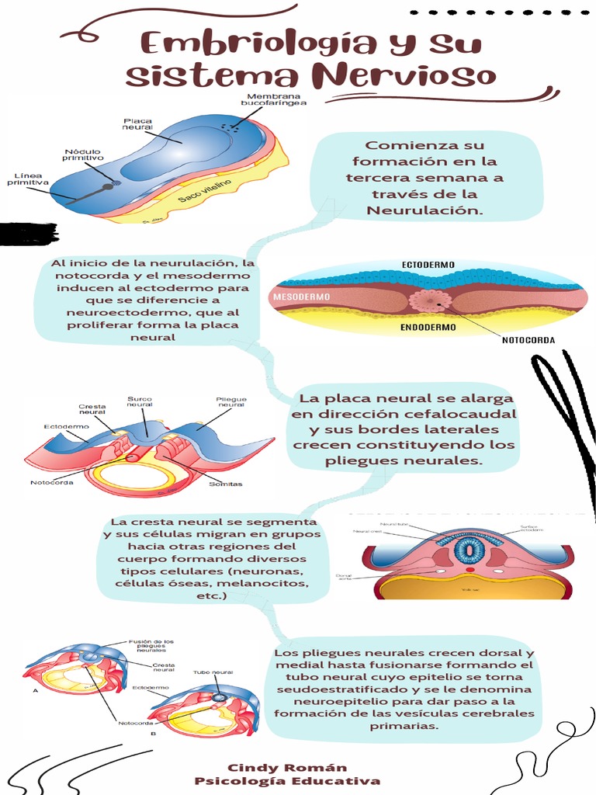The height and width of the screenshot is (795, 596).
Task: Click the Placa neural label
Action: (x=137, y=124)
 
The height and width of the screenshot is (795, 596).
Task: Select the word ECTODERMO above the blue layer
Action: (x=428, y=266)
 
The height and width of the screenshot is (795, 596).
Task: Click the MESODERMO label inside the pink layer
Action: (x=300, y=297)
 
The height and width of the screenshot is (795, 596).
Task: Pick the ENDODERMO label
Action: (x=428, y=328)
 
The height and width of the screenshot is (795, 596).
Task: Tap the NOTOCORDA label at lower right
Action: (x=528, y=340)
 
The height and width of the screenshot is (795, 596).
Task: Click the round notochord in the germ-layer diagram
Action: (x=430, y=300)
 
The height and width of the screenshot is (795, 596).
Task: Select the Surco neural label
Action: (x=140, y=401)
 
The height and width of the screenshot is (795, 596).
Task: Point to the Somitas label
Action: (x=225, y=484)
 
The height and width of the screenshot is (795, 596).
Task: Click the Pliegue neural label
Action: (x=231, y=401)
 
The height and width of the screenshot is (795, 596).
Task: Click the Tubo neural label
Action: (x=213, y=672)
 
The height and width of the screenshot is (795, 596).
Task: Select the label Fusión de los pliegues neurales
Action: (x=151, y=646)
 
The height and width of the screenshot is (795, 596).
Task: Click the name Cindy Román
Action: (x=287, y=767)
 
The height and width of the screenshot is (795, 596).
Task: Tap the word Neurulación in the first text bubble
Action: (x=424, y=210)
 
